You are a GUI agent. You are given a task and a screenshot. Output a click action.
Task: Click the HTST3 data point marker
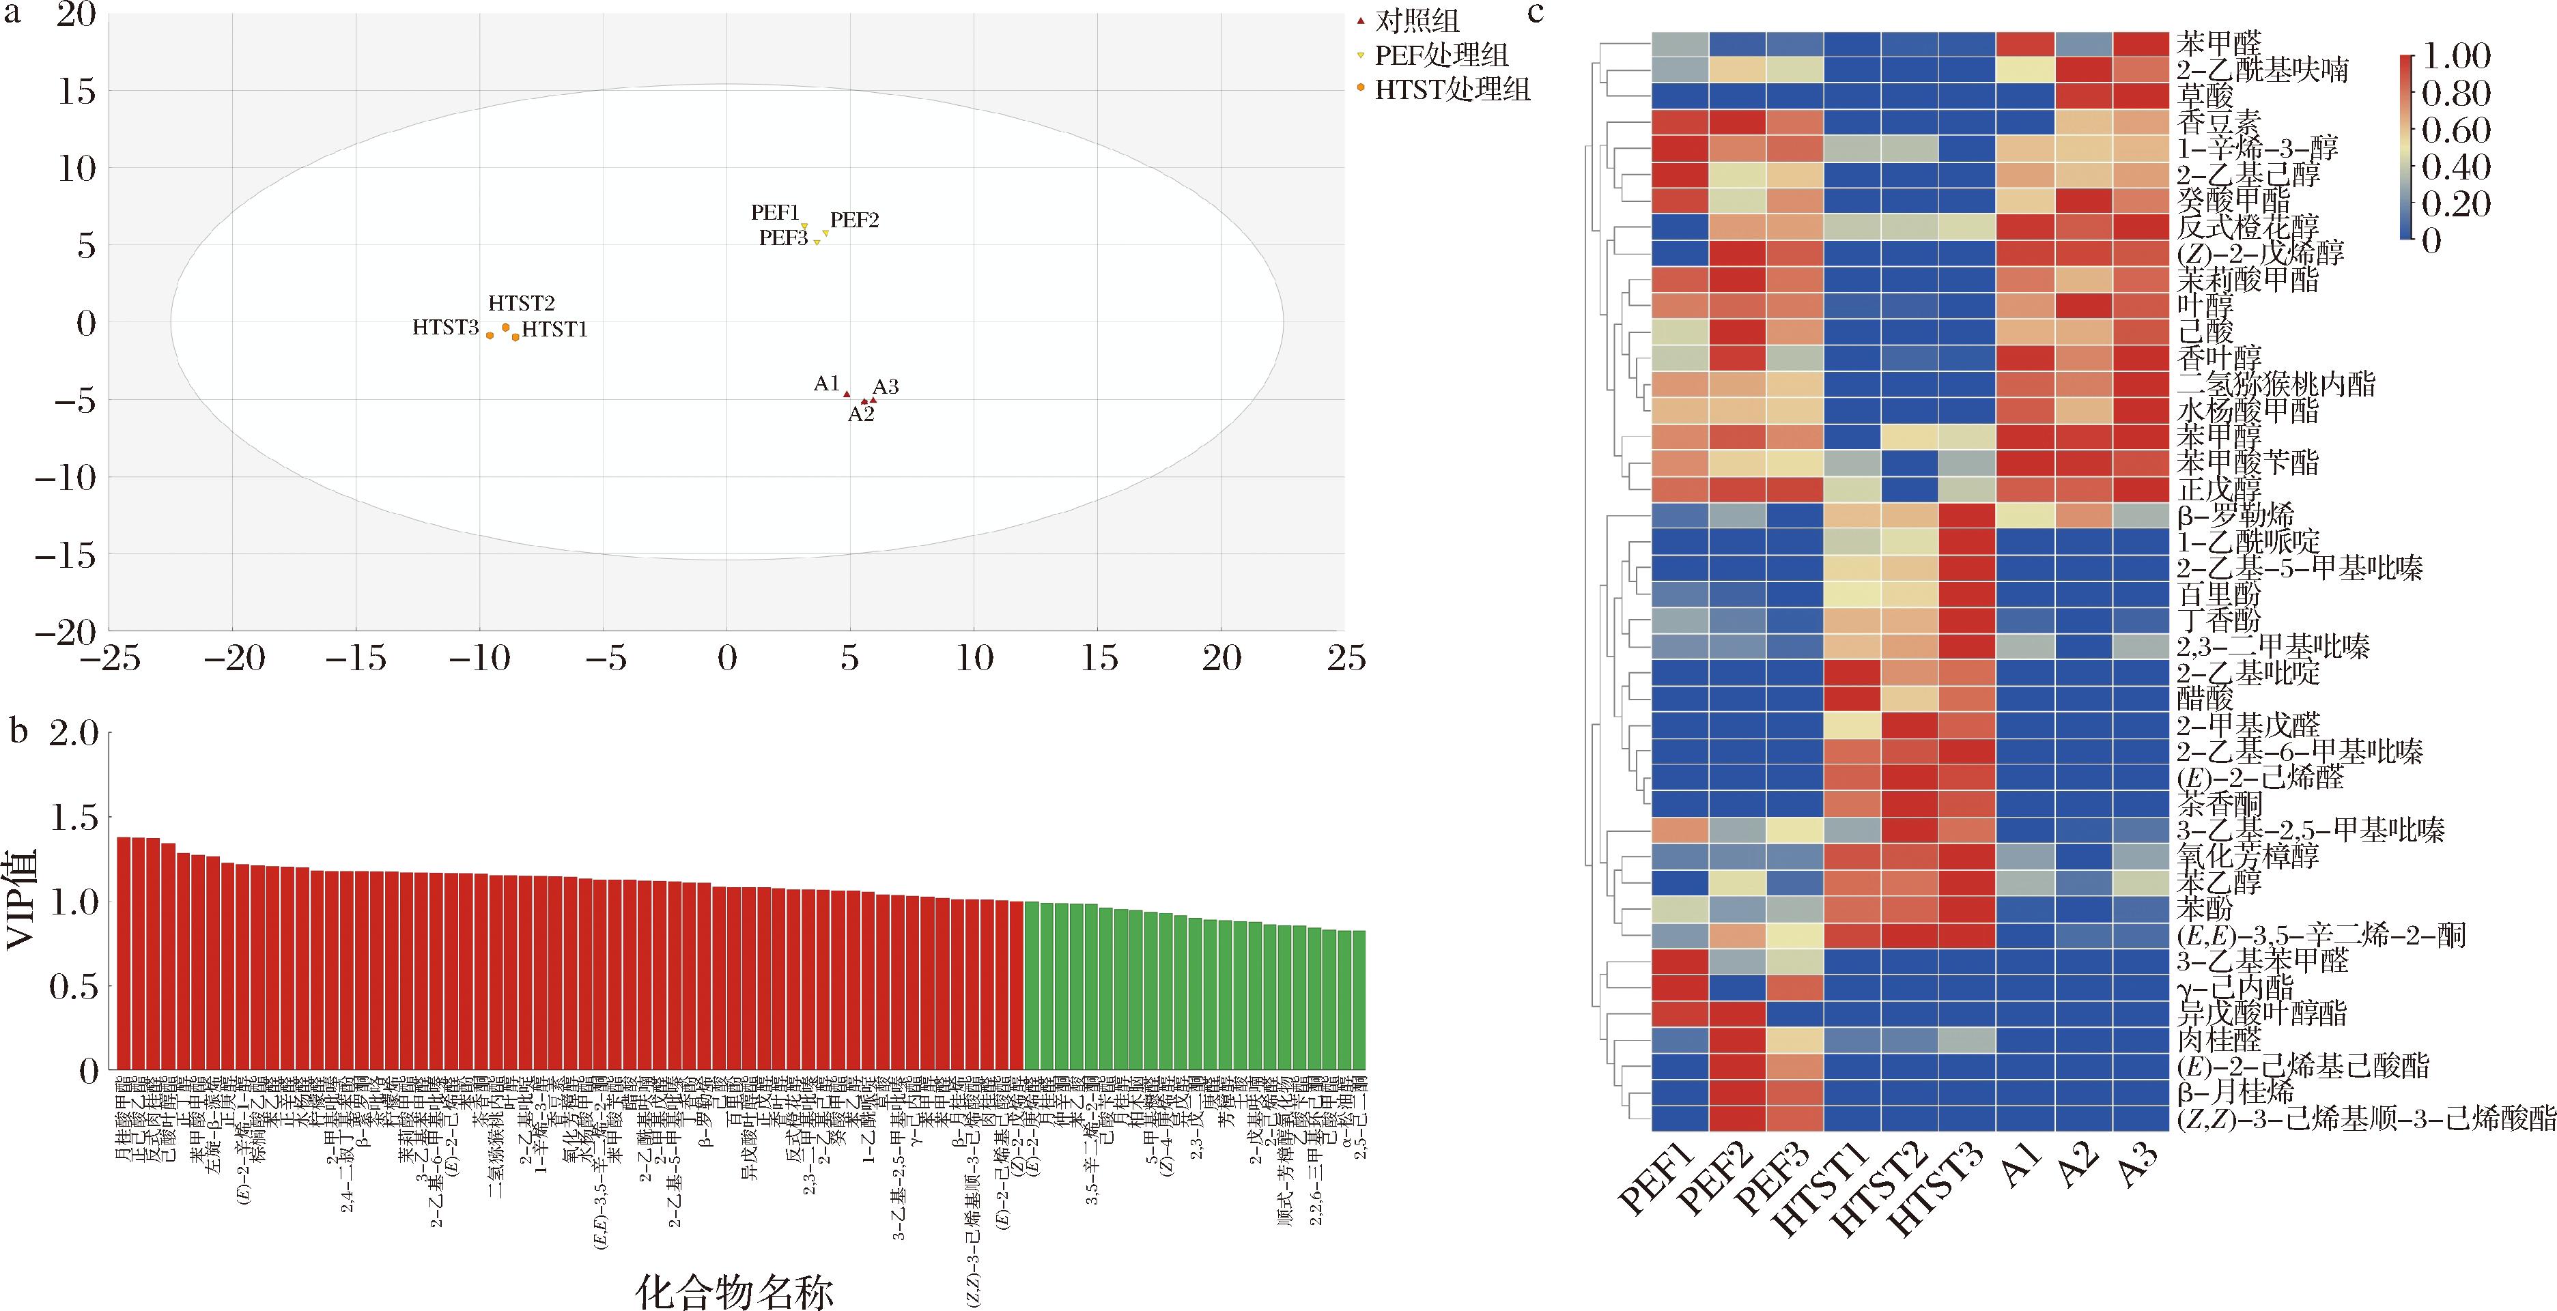[x=490, y=336]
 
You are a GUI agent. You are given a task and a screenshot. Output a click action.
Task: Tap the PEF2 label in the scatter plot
[x=855, y=220]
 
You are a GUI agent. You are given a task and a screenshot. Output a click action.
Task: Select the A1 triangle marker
[x=847, y=394]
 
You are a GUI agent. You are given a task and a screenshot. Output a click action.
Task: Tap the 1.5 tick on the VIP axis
[x=75, y=818]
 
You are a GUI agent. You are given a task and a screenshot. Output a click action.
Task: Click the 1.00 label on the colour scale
[x=2456, y=55]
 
